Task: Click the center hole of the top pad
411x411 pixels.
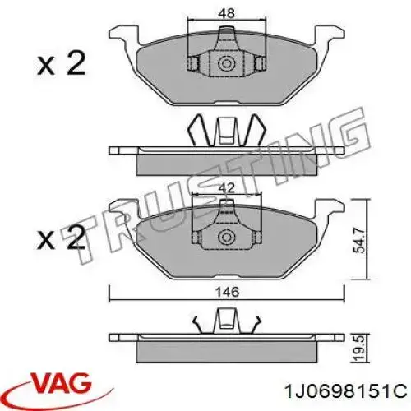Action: click(225, 63)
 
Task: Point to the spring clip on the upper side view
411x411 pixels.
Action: click(225, 130)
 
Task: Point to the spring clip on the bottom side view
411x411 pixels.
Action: click(225, 320)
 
